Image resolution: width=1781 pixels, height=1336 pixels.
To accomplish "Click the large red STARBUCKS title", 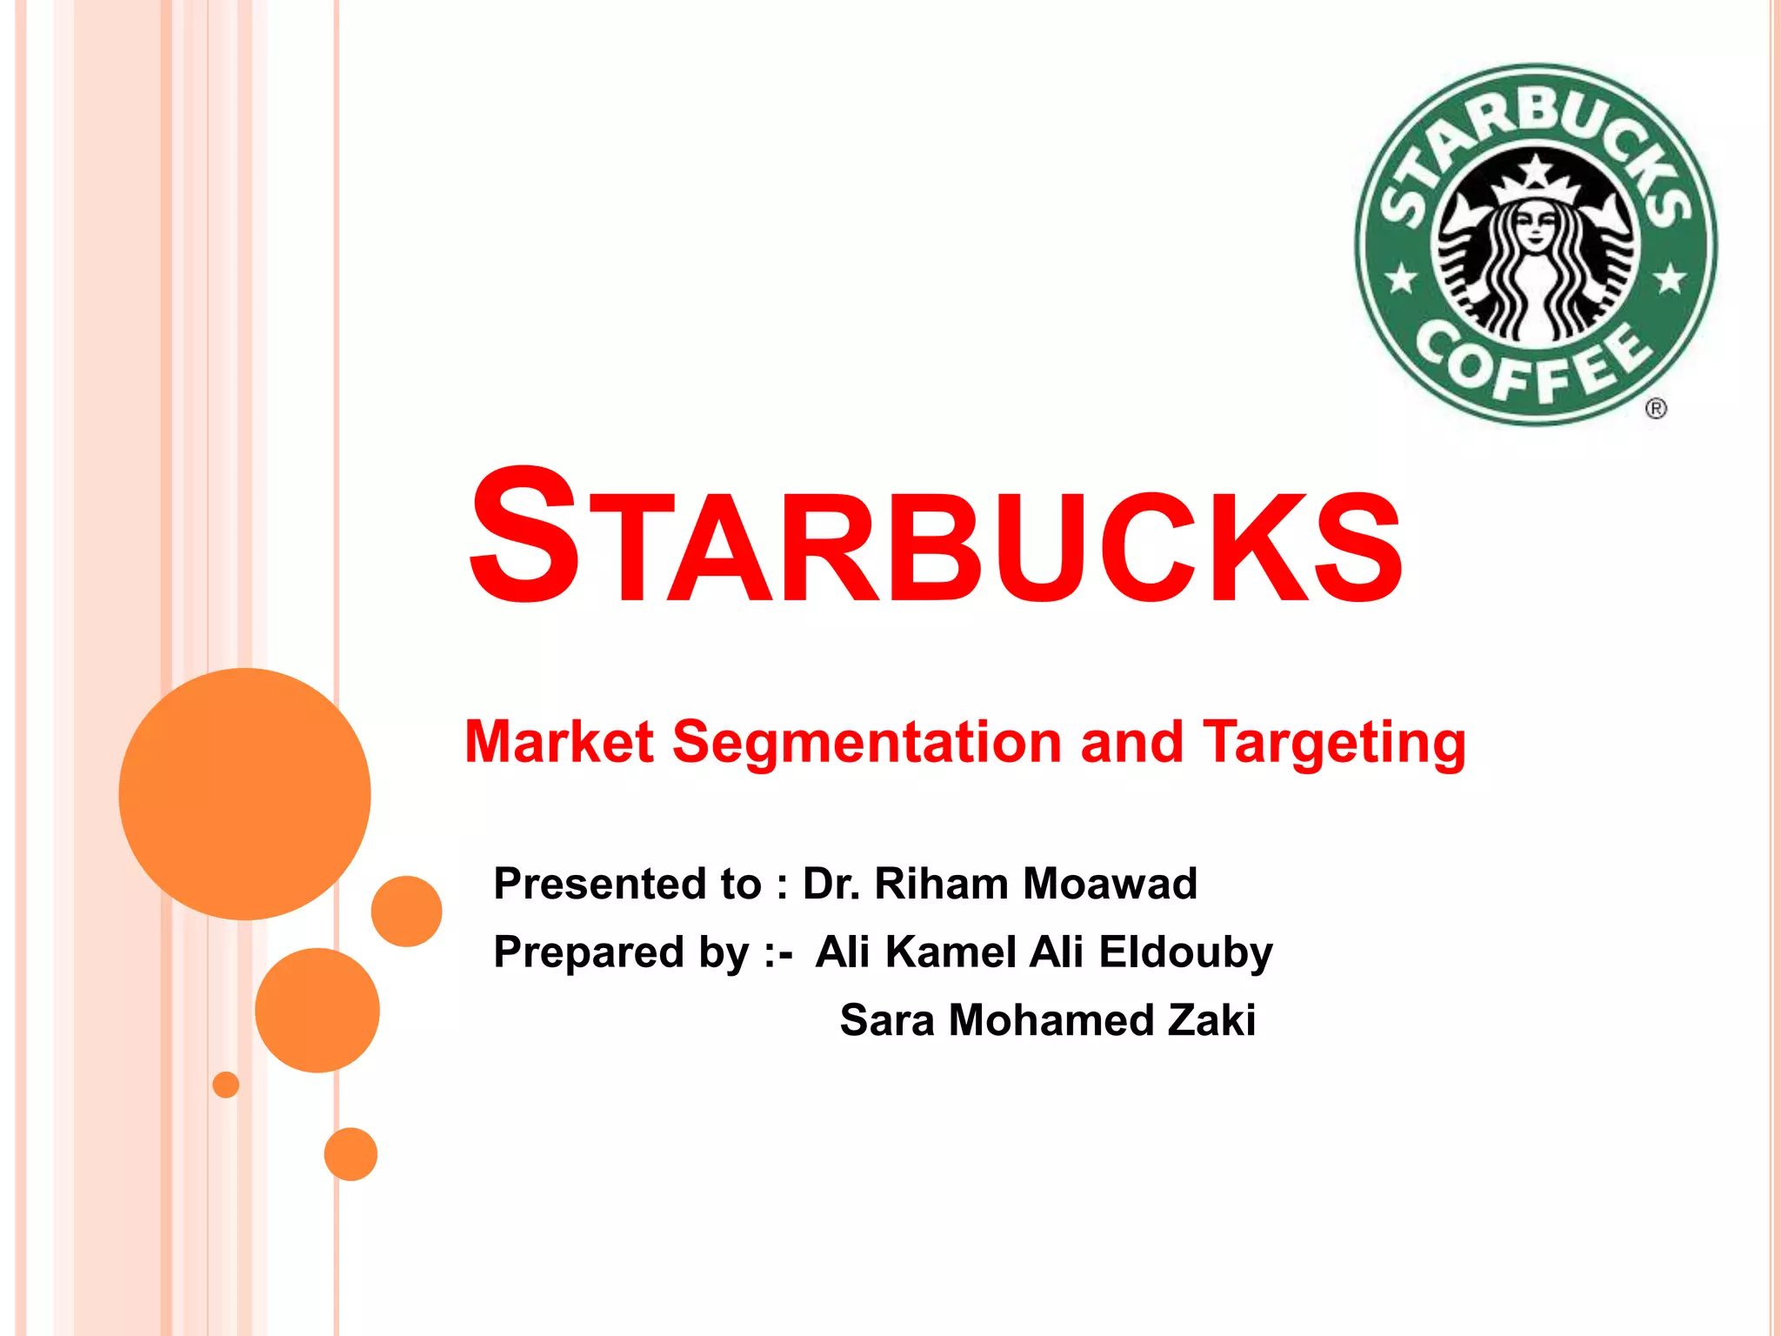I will pos(935,538).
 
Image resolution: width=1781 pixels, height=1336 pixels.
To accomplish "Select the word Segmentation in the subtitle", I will pos(866,743).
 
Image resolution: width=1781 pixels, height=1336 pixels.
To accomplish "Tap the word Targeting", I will pos(1334,745).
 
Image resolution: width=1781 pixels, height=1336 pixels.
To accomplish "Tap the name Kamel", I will pos(951,952).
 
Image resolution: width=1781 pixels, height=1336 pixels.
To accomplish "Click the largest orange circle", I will pos(244,793).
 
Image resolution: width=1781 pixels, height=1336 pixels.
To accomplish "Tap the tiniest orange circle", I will pos(226,1085).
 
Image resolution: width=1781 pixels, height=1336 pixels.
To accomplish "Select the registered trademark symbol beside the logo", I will pos(1656,408).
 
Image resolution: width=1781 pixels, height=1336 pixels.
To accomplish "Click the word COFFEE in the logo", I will pos(1534,364).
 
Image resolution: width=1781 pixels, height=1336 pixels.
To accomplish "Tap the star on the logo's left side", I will pos(1401,280).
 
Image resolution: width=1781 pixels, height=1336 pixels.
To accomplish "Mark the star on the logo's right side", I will pos(1670,279).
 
